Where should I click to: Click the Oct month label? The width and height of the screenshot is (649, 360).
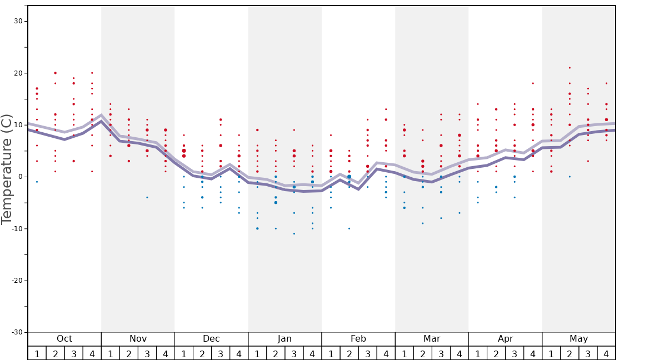[x=64, y=339]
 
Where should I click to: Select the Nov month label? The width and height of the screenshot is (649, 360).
[x=138, y=339]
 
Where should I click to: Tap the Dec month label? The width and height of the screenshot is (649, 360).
[x=211, y=339]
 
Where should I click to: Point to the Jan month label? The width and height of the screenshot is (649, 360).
[x=284, y=339]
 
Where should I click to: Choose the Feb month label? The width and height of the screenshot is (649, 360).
[x=358, y=339]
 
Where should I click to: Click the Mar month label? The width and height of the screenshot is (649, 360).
[x=432, y=339]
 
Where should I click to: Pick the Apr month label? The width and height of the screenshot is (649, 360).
[x=505, y=339]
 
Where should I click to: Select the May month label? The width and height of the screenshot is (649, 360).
[x=578, y=339]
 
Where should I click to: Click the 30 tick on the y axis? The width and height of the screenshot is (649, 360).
[x=18, y=21]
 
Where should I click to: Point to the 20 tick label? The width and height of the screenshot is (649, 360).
[x=18, y=73]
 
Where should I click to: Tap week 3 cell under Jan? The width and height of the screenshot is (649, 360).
[x=294, y=353]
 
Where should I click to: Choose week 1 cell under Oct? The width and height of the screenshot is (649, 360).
[x=37, y=353]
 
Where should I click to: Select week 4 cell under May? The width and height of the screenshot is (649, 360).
[x=606, y=353]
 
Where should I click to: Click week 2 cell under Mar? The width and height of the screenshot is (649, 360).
[x=422, y=353]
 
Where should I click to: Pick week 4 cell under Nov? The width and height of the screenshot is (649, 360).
[x=165, y=353]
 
